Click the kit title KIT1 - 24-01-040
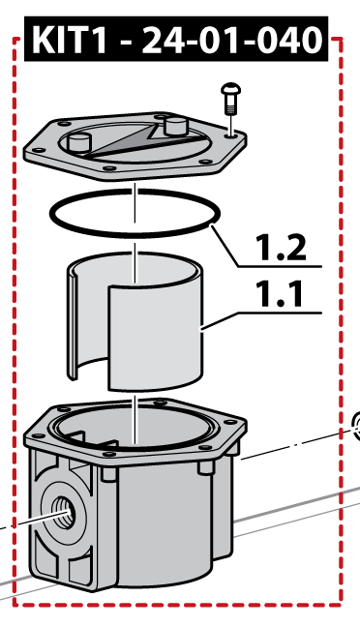tap(176, 40)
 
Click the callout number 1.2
tap(281, 248)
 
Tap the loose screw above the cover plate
tap(230, 99)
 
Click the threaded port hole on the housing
tap(62, 509)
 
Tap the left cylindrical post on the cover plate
tap(80, 142)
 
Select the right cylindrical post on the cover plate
tap(176, 127)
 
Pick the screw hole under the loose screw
tap(230, 135)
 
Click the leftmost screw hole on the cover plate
tap(39, 150)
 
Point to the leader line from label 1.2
tap(265, 255)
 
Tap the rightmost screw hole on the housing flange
tap(229, 422)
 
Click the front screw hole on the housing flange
tap(108, 454)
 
